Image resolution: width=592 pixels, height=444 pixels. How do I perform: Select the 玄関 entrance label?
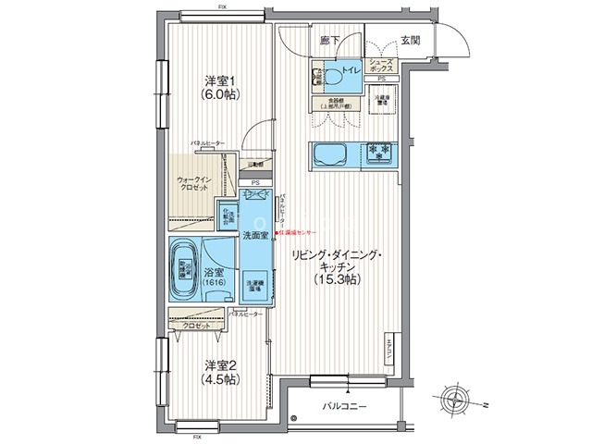point(412,41)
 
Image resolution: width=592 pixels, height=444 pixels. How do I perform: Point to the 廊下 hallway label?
point(329,41)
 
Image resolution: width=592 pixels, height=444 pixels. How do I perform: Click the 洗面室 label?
point(256,236)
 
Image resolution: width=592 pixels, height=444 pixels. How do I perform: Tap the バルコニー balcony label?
point(346,406)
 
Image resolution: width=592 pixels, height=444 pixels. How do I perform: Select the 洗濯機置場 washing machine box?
point(253,287)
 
